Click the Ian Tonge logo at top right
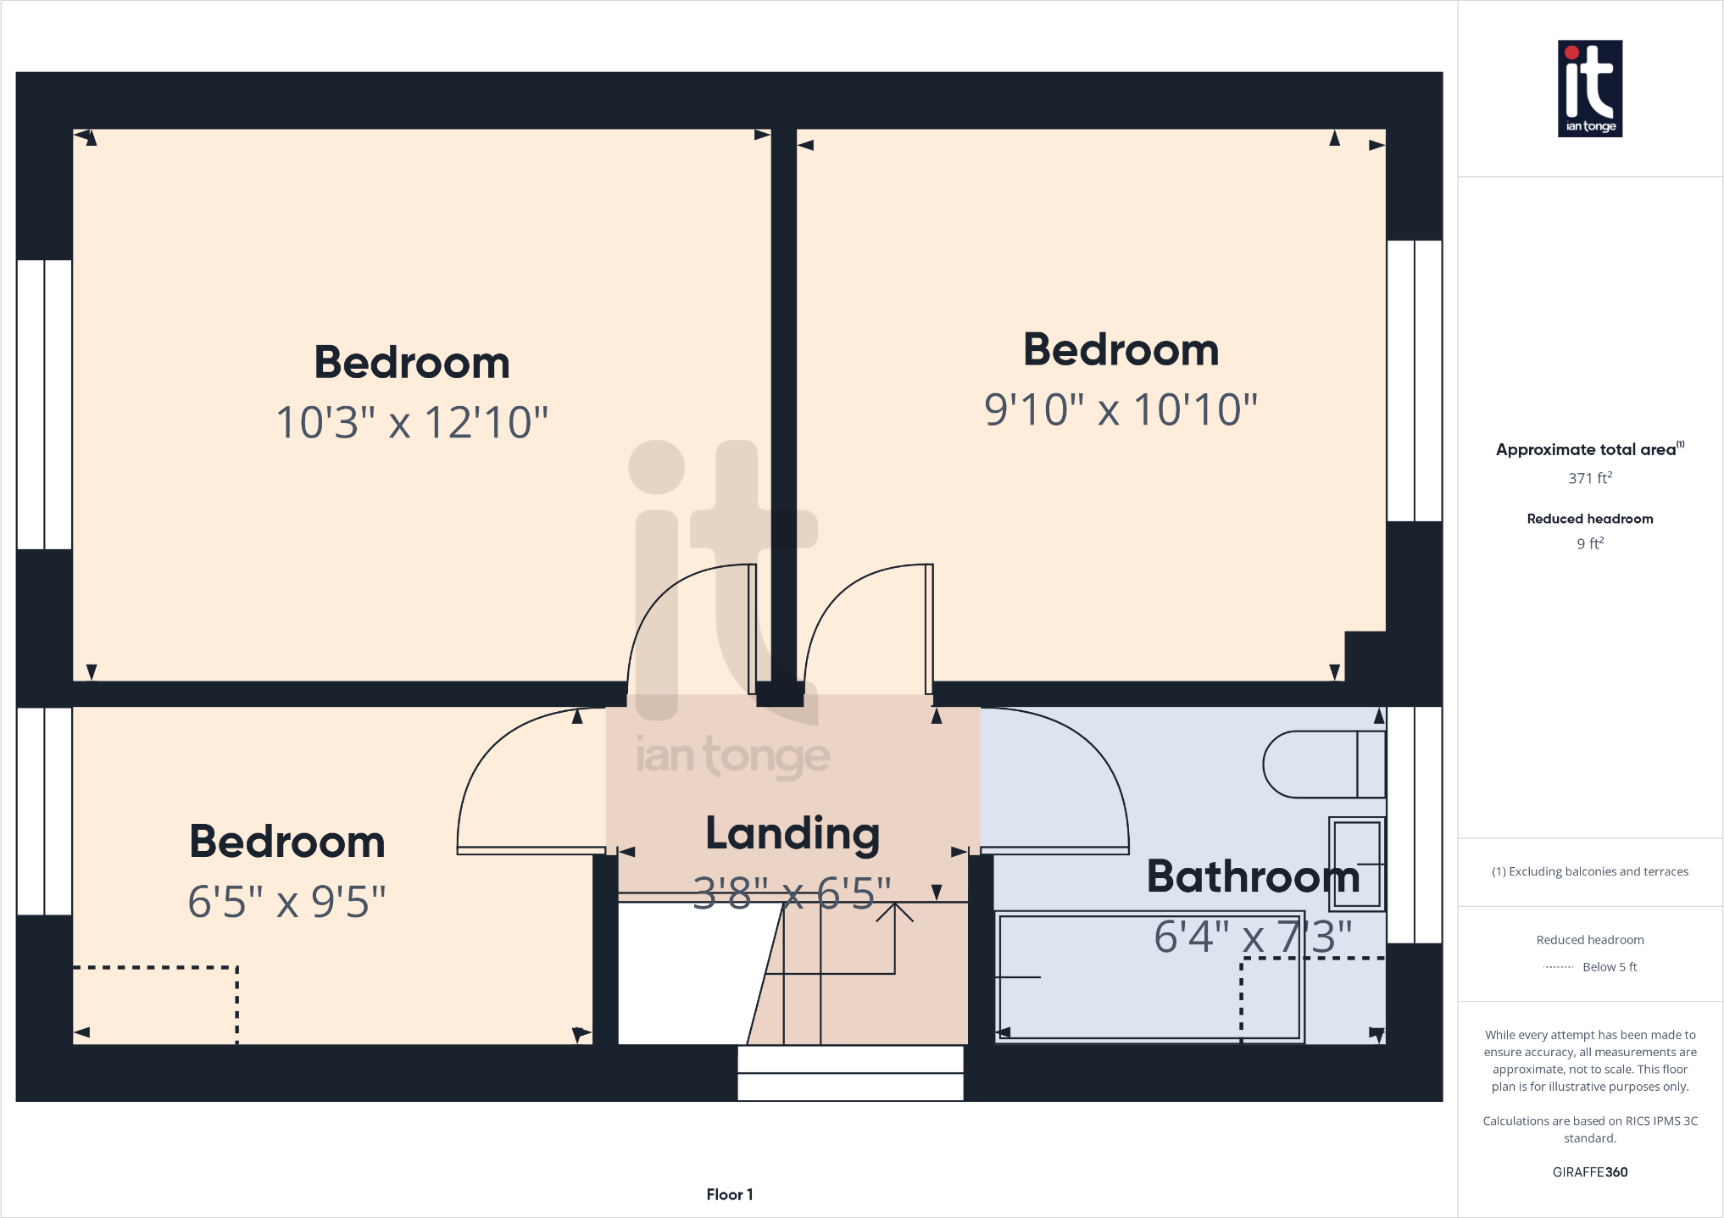(x=1589, y=88)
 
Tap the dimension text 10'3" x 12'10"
(x=412, y=422)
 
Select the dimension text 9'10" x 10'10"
(x=1120, y=410)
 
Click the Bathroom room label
(x=1252, y=876)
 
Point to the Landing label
(x=792, y=833)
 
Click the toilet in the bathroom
(x=1322, y=765)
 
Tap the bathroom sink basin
(x=1357, y=864)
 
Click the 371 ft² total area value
(x=1589, y=478)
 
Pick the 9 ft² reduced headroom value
(x=1589, y=543)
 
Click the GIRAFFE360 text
(x=1589, y=1172)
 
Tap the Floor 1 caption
(x=729, y=1194)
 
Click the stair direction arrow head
(x=894, y=910)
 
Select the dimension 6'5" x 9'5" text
(x=286, y=902)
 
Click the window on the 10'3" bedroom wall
(x=44, y=404)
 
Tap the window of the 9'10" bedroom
(x=1414, y=381)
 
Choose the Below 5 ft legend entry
(x=1609, y=967)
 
